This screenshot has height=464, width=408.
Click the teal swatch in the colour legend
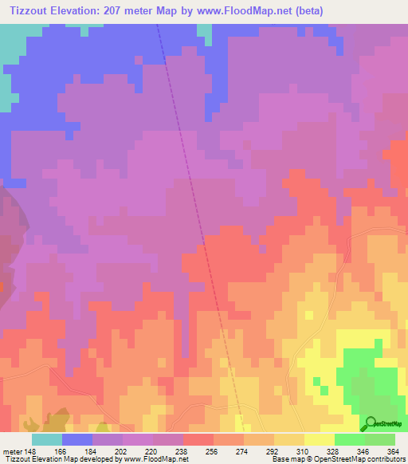pyautogui.click(x=46, y=438)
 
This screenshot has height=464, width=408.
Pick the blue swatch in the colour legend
pyautogui.click(x=77, y=438)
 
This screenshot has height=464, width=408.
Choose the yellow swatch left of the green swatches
pyautogui.click(x=320, y=438)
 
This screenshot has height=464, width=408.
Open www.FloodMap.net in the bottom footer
pyautogui.click(x=154, y=459)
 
